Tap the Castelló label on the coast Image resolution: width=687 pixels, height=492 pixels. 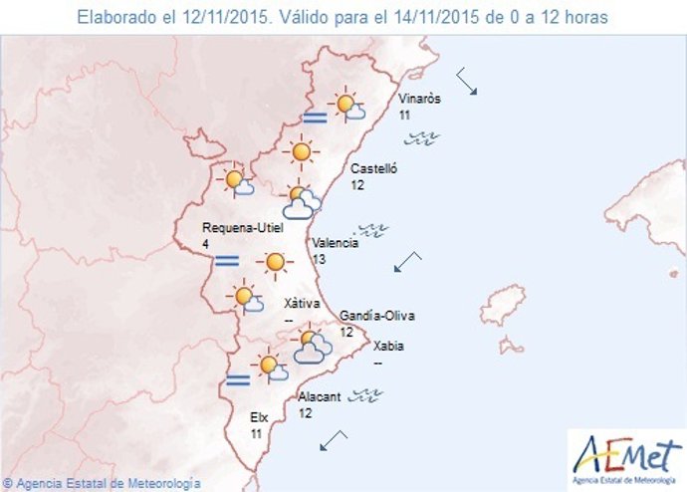pos(373,169)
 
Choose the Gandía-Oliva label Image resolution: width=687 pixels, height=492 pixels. pos(377,316)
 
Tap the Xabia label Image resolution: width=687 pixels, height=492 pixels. pos(388,348)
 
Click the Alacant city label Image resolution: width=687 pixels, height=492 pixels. pos(320,396)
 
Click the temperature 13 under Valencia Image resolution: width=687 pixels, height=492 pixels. pos(319,260)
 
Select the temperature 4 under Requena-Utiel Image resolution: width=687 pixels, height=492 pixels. pos(205,243)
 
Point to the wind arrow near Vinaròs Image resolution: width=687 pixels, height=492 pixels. pos(467,82)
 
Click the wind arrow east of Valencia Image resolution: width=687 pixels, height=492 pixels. pos(407,262)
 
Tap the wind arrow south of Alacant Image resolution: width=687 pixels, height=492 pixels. pos(334,439)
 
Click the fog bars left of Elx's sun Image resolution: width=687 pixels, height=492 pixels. pos(237,378)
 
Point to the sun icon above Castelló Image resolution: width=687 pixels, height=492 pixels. pos(300,152)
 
